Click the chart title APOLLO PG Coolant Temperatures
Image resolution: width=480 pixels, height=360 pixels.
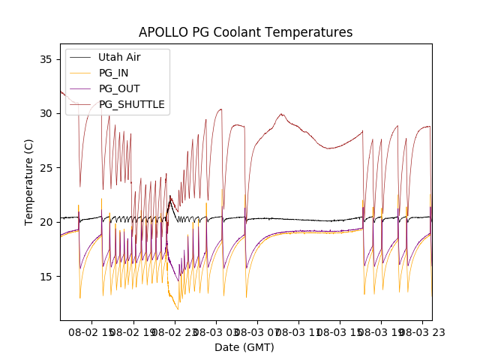245,32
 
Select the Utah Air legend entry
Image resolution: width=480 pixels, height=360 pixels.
119,57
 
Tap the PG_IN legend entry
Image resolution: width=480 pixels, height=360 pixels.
113,73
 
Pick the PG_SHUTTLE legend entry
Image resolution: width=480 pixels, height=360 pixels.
131,104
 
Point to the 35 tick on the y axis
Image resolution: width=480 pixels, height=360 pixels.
46,59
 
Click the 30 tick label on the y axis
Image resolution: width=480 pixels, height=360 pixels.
46,113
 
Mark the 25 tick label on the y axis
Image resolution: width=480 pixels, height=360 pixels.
46,168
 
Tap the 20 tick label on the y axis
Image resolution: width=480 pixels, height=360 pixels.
46,222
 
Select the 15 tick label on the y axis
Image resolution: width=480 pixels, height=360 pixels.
46,277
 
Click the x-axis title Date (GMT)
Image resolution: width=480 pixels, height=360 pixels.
244,347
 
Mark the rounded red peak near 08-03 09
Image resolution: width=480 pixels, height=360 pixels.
282,115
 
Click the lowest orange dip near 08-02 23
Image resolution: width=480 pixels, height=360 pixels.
178,309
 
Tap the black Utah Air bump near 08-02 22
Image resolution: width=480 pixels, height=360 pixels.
170,197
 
